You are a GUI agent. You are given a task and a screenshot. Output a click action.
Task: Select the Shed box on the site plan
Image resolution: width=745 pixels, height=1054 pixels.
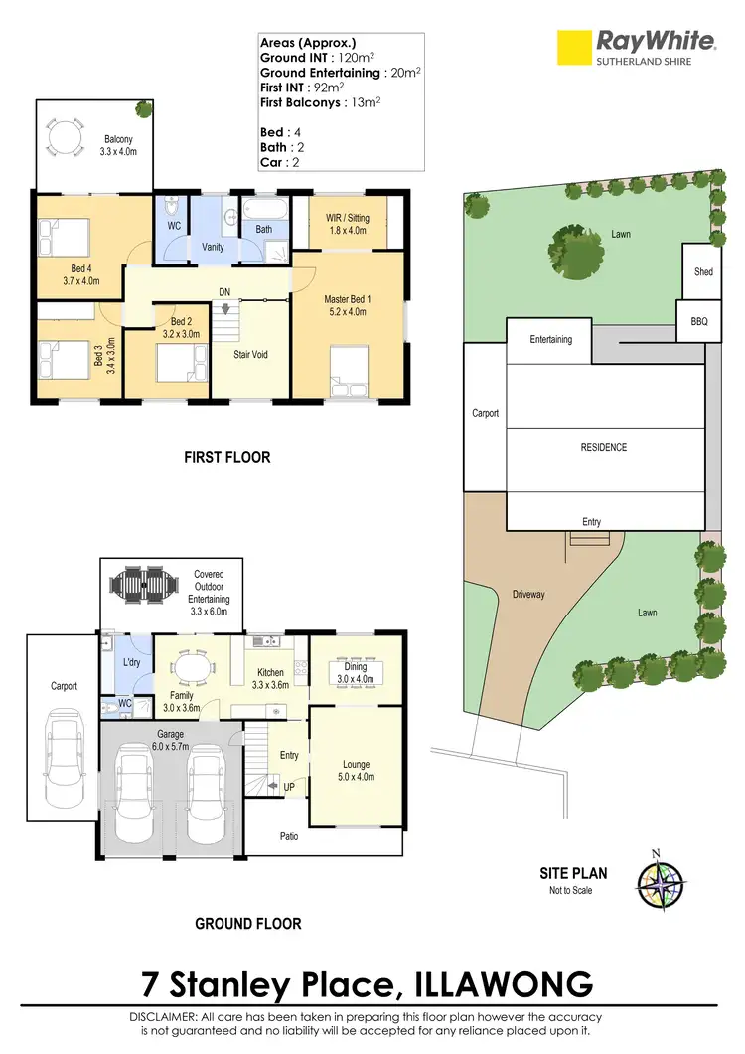[703, 271]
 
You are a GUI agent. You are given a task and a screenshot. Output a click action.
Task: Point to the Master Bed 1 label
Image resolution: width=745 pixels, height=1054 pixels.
[347, 305]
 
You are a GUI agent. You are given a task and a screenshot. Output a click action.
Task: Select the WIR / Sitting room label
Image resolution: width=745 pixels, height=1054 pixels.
[348, 224]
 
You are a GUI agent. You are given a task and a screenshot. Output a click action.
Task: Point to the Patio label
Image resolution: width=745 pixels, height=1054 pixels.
[289, 836]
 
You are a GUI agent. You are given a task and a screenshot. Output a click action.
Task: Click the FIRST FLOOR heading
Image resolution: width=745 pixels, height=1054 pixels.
[227, 458]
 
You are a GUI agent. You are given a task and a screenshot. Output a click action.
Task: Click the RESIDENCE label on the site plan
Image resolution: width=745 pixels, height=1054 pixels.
[604, 447]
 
